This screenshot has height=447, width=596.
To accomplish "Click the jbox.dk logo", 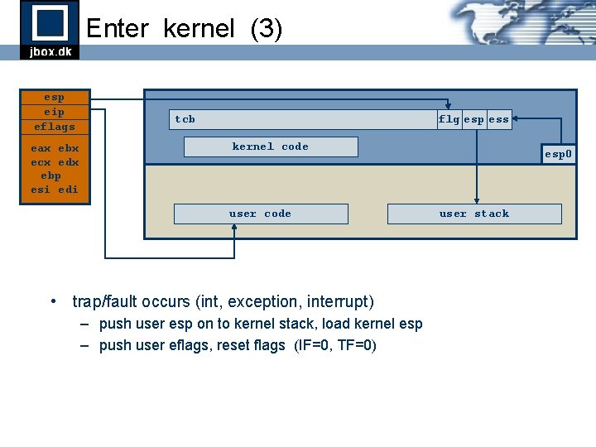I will click(50, 29).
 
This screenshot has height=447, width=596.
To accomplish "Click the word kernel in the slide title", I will click(199, 29).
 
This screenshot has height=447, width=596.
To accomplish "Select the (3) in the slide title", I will click(266, 29).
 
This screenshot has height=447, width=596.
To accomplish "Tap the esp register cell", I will click(55, 97).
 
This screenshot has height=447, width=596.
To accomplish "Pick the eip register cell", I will click(55, 112).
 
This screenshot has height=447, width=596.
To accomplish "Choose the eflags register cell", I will click(55, 127).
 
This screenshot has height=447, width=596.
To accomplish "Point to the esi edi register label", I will click(55, 190).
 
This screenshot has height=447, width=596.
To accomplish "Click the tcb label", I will click(185, 119).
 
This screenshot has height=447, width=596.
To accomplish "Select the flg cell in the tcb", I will click(449, 119).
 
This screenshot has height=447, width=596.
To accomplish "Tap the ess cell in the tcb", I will click(498, 119).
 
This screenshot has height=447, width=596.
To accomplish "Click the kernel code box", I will click(270, 147).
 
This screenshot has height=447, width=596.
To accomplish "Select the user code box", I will click(260, 214).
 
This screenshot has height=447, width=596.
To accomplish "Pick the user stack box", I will click(474, 214).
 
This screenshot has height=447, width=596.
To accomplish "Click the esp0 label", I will click(558, 154).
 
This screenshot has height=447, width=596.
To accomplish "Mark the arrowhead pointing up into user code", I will click(235, 228).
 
